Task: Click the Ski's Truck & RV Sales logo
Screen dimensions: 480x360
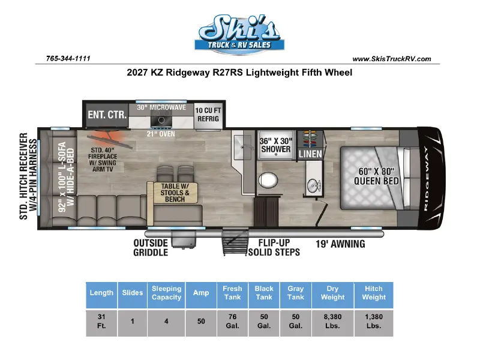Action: pos(239,34)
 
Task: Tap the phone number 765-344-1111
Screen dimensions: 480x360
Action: pos(68,58)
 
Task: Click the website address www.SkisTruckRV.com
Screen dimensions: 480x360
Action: pos(392,59)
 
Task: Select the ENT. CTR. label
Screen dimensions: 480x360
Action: pos(107,115)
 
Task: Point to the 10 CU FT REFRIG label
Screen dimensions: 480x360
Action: pos(208,115)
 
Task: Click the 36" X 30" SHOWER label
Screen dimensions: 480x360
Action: pos(276,145)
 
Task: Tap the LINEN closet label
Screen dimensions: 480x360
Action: pos(310,154)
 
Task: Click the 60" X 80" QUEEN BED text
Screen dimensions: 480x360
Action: pos(376,176)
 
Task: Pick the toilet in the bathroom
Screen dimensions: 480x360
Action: pos(268,179)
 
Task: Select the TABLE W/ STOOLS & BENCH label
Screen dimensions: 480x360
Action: pos(175,193)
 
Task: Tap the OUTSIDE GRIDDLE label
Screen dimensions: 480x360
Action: pos(151,248)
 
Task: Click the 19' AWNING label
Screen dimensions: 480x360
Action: pos(340,244)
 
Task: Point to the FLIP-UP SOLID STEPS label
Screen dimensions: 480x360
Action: pos(274,247)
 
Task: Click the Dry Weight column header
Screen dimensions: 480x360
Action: pos(333,293)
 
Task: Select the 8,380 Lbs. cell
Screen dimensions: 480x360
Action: pos(333,321)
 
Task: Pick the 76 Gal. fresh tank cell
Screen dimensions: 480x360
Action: pos(232,321)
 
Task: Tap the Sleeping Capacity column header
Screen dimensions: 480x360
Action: pos(167,293)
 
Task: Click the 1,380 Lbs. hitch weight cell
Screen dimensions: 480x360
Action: pos(374,321)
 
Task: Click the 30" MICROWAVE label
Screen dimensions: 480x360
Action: pos(161,107)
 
